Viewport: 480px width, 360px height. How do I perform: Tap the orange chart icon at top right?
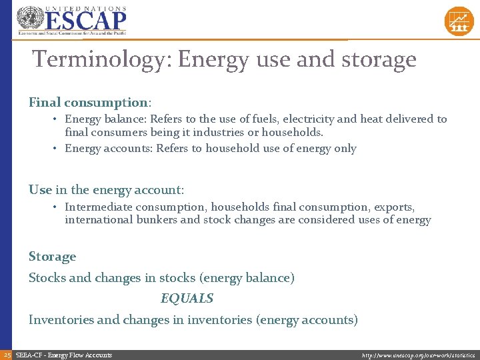click(x=459, y=21)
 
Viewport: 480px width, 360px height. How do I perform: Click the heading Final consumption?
click(x=89, y=103)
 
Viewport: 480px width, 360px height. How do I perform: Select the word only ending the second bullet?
click(x=345, y=149)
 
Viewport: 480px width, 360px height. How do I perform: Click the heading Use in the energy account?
click(x=106, y=190)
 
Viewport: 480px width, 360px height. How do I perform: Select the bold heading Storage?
click(x=53, y=257)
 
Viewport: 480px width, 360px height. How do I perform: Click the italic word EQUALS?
click(x=187, y=298)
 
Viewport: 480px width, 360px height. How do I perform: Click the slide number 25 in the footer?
click(x=7, y=355)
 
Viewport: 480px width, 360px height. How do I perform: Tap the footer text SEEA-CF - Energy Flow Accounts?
click(x=63, y=355)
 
